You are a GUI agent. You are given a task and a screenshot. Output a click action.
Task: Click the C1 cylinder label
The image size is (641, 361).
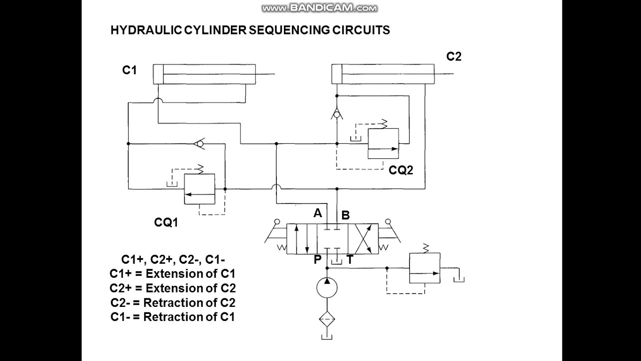tap(129, 70)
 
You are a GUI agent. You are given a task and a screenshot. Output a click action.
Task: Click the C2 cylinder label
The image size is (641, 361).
tap(454, 57)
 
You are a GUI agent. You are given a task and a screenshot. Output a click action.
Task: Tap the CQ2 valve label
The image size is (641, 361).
tap(401, 170)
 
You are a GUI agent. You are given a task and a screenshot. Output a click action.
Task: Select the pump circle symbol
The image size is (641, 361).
tap(327, 288)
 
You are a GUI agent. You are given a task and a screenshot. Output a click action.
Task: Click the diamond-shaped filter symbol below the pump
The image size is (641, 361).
tap(327, 319)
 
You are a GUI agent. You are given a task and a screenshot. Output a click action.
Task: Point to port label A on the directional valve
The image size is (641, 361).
tap(317, 214)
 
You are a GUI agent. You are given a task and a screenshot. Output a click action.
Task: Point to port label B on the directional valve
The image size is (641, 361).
tap(345, 216)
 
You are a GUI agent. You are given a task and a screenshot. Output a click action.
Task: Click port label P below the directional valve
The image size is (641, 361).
tap(317, 259)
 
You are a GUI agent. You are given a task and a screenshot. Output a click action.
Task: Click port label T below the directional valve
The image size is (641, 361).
tap(350, 259)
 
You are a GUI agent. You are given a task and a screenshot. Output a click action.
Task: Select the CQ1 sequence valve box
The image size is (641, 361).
tap(199, 189)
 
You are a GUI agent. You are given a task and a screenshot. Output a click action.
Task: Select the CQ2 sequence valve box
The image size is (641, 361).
tap(383, 143)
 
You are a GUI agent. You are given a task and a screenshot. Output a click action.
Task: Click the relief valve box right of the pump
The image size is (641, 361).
tap(425, 268)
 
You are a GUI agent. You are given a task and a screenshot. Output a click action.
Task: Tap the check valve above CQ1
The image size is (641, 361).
tap(199, 144)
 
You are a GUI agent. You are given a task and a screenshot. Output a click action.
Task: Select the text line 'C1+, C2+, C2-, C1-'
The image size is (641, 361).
tap(173, 260)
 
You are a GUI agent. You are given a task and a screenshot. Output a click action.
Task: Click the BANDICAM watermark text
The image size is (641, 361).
tap(320, 8)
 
